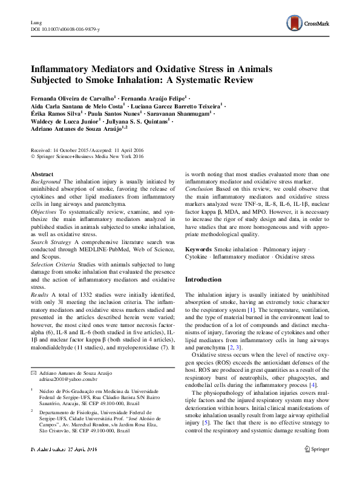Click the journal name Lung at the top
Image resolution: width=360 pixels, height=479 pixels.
tap(36, 22)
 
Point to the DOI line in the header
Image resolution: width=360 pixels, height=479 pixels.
tap(65, 29)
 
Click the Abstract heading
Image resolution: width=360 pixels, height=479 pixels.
tap(42, 174)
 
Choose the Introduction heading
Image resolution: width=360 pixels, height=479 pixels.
tap(203, 279)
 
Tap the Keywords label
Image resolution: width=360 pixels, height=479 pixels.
tap(198, 249)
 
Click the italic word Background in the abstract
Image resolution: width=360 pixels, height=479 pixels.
tap(45, 181)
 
